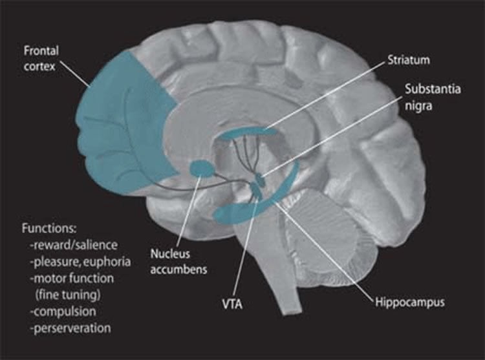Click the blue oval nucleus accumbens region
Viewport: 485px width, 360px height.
point(202,170)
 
